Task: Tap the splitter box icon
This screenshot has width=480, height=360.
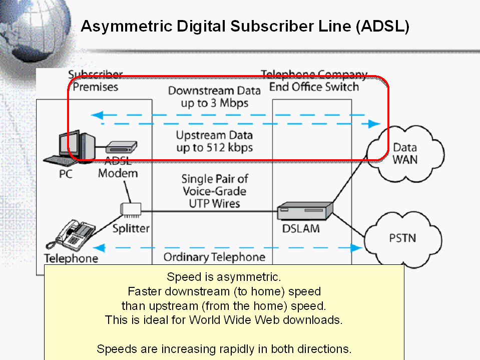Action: pyautogui.click(x=131, y=210)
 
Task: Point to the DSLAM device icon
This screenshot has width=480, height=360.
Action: pyautogui.click(x=305, y=210)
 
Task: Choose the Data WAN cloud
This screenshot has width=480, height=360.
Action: pyautogui.click(x=404, y=154)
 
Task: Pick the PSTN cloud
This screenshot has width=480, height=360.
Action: pyautogui.click(x=402, y=238)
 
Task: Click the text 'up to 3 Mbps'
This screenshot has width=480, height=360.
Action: pyautogui.click(x=215, y=103)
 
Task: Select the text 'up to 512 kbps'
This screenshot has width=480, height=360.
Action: pyautogui.click(x=214, y=148)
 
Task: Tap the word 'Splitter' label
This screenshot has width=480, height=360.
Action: pyautogui.click(x=131, y=229)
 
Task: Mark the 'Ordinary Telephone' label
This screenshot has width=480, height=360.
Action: pyautogui.click(x=214, y=257)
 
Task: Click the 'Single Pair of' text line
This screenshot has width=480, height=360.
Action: pyautogui.click(x=215, y=179)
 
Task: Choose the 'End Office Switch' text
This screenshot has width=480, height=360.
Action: pyautogui.click(x=314, y=87)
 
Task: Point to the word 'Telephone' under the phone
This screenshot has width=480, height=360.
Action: pyautogui.click(x=71, y=258)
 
